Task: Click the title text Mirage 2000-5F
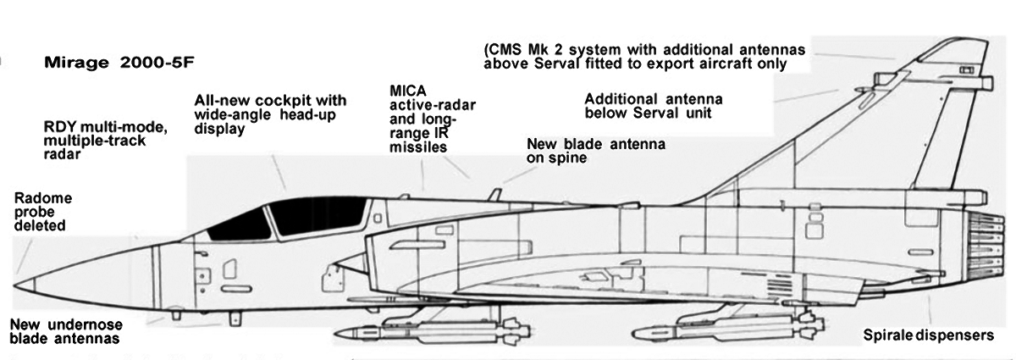click(119, 63)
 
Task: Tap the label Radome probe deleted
click(43, 212)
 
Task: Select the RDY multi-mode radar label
click(106, 141)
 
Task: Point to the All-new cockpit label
click(270, 114)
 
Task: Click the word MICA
click(408, 91)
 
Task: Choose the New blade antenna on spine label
click(596, 151)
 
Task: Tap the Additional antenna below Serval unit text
click(653, 106)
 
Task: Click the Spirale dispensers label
click(929, 335)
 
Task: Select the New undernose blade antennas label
click(66, 331)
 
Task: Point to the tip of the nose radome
click(14, 285)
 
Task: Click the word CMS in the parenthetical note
click(504, 49)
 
